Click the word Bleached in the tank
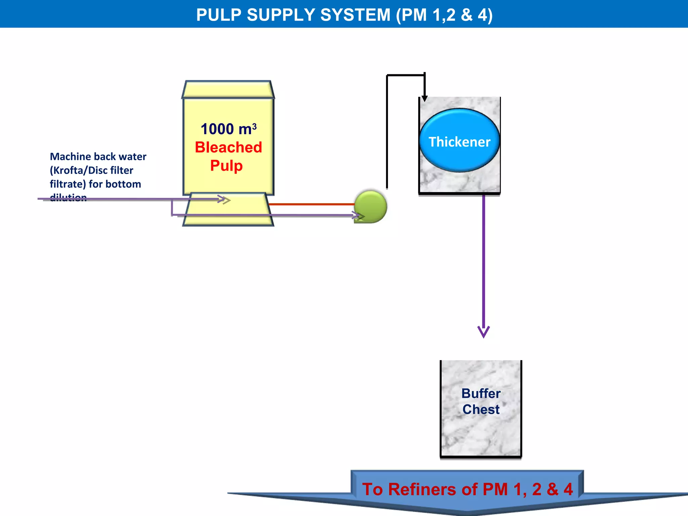(228, 147)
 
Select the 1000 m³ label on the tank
(228, 129)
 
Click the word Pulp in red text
(226, 166)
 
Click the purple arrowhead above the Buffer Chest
(483, 332)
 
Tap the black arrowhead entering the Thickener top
(425, 98)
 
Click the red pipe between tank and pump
(311, 204)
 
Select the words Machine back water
(98, 157)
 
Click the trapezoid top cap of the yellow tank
(228, 89)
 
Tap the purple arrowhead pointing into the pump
(358, 215)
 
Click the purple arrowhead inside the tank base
(224, 199)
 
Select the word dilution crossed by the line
(68, 198)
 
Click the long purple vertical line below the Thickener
(483, 262)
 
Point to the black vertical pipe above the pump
(387, 134)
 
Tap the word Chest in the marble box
(481, 410)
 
